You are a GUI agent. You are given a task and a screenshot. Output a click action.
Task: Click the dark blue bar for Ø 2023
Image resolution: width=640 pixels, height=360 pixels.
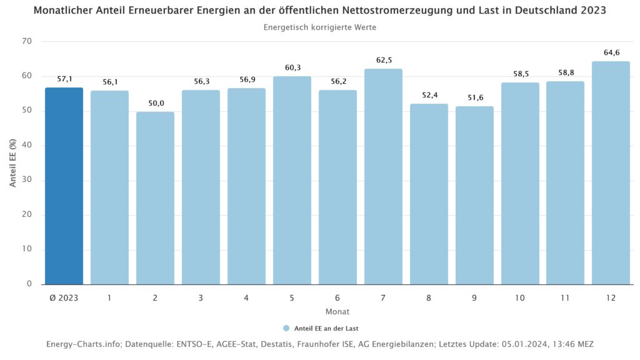64,187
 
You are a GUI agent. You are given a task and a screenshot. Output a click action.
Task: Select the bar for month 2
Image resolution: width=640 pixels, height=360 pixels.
155,200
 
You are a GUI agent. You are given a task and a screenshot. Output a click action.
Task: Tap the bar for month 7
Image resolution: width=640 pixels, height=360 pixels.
383,178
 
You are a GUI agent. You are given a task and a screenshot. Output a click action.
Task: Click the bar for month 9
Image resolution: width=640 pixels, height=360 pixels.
474,197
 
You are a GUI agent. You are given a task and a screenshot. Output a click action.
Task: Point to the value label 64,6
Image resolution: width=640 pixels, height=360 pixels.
611,53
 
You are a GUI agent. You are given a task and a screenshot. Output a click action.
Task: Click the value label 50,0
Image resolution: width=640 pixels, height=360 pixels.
156,103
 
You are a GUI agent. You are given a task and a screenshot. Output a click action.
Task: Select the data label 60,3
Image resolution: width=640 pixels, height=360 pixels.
292,67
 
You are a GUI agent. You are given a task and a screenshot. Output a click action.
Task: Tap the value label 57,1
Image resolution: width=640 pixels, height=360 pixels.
64,79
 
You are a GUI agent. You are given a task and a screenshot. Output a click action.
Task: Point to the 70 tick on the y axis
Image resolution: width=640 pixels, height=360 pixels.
27,42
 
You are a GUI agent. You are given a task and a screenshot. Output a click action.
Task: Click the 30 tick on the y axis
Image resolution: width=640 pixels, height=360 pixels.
27,181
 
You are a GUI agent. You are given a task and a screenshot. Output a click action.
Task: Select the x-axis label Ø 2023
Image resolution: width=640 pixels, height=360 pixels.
64,298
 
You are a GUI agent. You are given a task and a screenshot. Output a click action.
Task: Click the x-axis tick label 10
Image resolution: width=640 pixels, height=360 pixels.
520,298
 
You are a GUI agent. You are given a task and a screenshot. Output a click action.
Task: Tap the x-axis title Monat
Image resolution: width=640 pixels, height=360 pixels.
337,311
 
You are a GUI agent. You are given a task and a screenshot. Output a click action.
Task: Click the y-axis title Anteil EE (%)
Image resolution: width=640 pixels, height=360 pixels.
12,162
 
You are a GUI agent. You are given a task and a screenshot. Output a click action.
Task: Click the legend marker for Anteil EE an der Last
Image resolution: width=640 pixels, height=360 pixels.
286,328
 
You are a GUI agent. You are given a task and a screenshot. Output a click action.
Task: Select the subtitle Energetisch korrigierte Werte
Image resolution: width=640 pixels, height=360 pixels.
320,27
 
